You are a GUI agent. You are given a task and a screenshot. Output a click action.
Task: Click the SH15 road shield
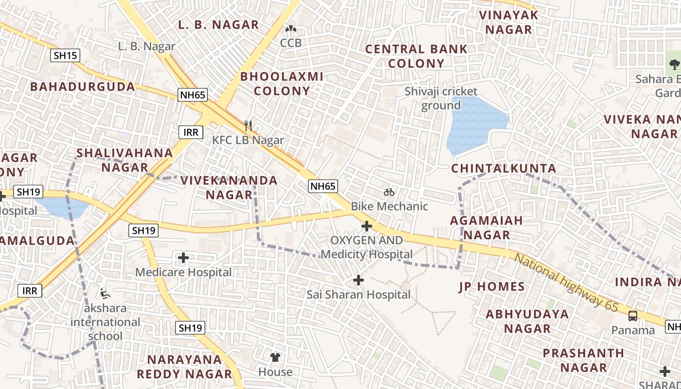point(65,55)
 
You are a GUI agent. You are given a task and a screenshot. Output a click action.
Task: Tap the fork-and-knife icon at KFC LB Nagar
point(248,126)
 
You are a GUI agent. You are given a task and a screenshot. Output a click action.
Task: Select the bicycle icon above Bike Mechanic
point(389,192)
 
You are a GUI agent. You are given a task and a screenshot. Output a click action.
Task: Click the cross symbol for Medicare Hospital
point(183,258)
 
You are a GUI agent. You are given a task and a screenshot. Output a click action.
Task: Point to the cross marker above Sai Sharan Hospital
point(358,280)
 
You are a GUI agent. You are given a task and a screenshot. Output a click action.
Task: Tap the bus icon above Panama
point(632,316)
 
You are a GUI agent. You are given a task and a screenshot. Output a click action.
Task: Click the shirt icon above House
point(275,357)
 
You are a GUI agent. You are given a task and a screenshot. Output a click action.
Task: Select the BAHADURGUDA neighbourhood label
point(83,87)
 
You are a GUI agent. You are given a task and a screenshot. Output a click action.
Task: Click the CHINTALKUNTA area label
point(503,168)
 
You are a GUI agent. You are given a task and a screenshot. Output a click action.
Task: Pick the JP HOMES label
point(492,287)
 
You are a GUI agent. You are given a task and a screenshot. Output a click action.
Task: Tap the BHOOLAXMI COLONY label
point(282,84)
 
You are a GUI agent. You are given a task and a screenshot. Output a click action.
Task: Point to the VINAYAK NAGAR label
point(509,22)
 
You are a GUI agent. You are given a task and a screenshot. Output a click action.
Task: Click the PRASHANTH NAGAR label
point(583,360)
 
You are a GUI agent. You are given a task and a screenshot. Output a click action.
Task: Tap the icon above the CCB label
point(290,29)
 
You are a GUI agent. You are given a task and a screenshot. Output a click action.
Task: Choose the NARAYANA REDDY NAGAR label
point(184,367)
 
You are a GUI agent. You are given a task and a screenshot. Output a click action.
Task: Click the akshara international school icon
point(104,293)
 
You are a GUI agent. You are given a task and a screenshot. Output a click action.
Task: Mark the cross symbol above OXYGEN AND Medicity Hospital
point(367,226)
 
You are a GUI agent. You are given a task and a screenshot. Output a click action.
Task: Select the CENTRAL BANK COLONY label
point(416,56)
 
